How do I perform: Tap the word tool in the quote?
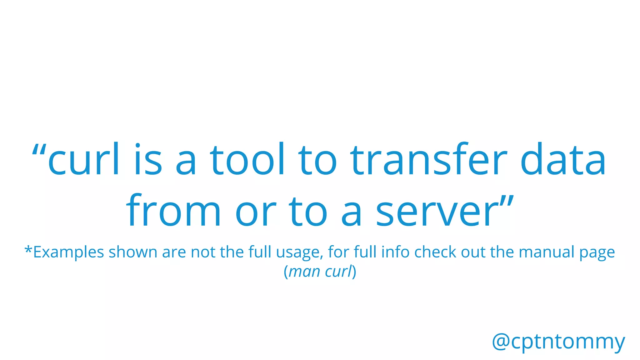point(247,159)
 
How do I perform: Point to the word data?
point(563,159)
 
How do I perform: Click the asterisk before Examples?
point(28,250)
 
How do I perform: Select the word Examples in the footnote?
point(68,252)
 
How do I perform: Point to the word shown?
point(133,252)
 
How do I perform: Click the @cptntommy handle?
point(558,342)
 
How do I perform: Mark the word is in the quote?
point(148,159)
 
